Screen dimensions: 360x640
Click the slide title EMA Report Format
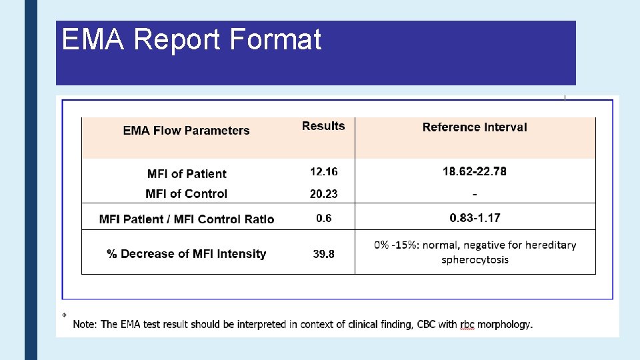191,39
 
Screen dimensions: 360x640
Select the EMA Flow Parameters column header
186,131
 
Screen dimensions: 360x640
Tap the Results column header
323,126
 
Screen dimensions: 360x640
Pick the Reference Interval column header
475,127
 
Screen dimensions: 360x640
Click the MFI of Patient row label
187,174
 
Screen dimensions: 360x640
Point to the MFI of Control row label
186,194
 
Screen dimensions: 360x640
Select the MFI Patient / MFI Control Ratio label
186,219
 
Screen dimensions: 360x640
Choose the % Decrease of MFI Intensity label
186,254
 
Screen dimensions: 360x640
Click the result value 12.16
323,172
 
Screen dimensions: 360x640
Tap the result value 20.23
323,194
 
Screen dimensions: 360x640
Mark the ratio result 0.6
323,218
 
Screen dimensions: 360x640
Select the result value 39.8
323,254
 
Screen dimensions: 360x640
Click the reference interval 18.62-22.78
475,172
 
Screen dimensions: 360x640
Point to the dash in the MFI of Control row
475,194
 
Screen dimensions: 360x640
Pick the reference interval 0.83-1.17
475,218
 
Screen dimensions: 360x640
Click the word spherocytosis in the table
475,259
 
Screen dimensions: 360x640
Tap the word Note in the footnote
85,325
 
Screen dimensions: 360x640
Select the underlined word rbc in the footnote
466,325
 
